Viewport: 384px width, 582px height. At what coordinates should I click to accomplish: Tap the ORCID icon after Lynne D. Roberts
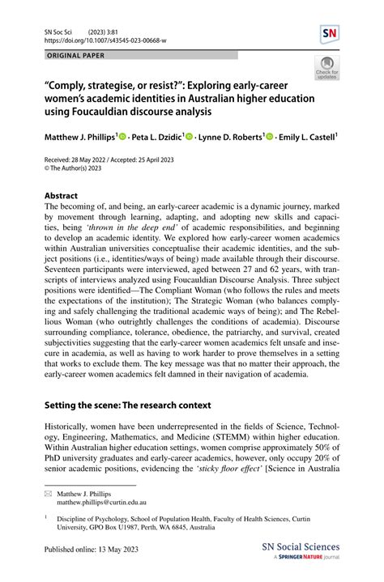[269, 138]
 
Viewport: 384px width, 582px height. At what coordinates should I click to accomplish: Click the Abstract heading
[61, 196]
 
